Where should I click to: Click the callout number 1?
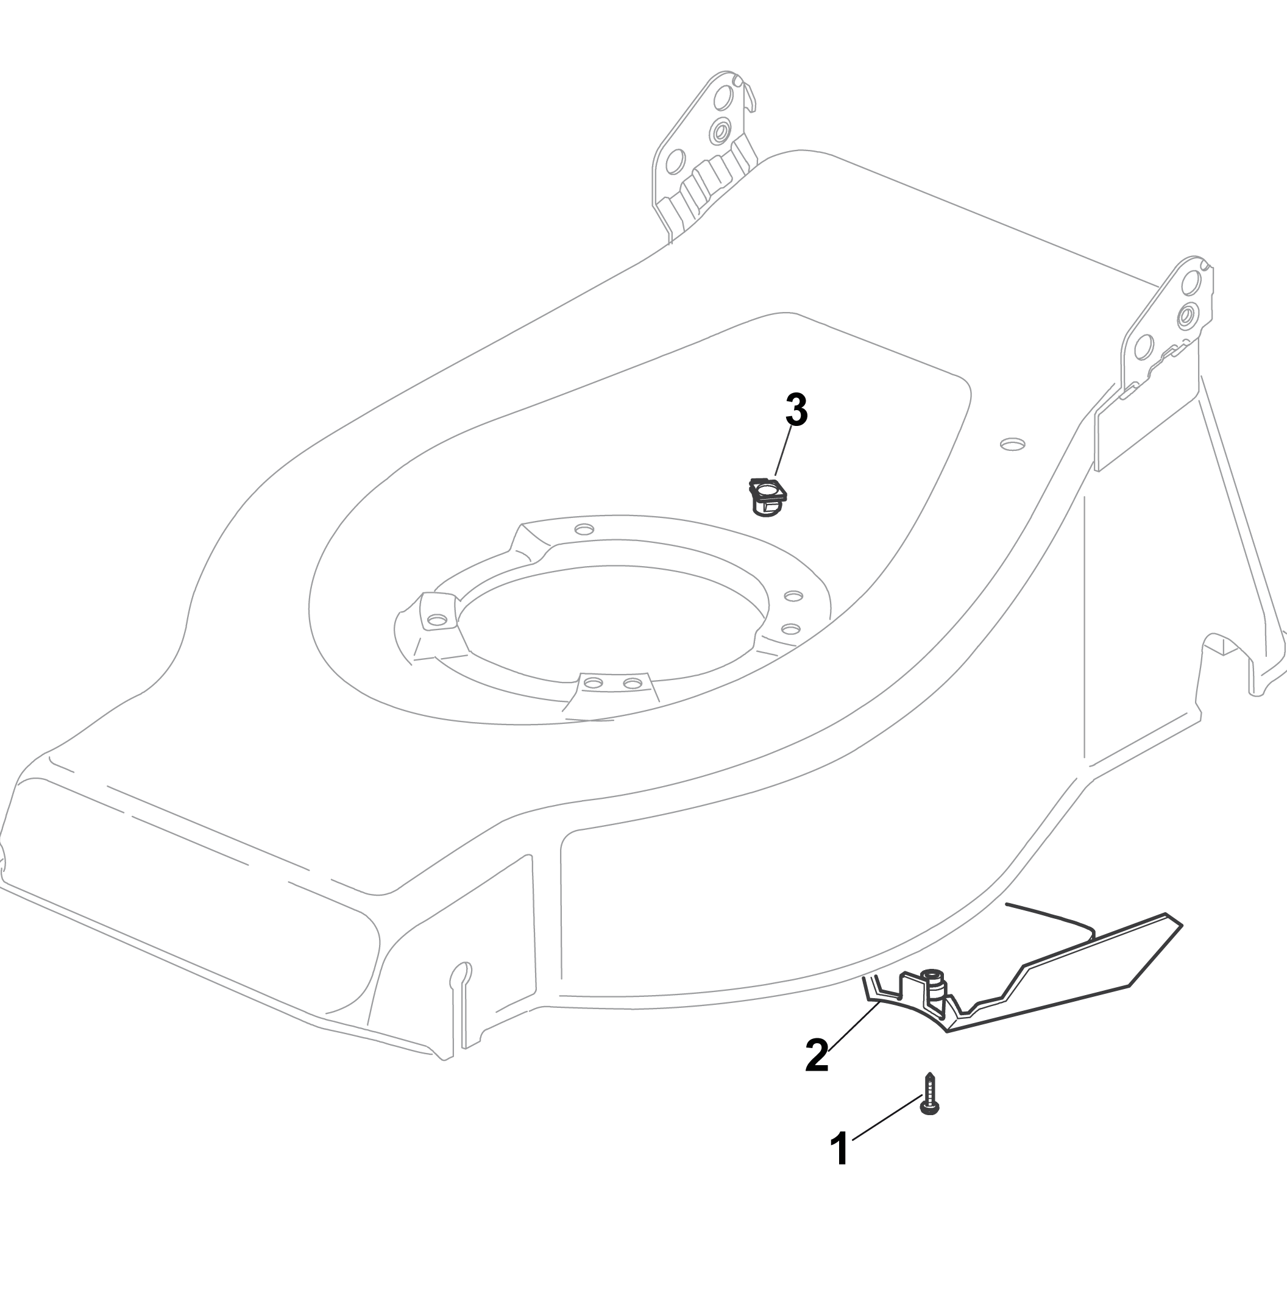[x=840, y=1148]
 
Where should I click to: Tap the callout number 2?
[x=817, y=1055]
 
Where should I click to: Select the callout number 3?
[x=797, y=409]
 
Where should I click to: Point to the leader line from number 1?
[x=887, y=1118]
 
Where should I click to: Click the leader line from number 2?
[x=853, y=1026]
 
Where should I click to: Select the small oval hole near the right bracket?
[x=1013, y=444]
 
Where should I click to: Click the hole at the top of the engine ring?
[x=584, y=529]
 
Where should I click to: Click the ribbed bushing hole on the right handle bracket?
[x=1187, y=314]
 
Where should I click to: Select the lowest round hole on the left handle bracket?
[x=675, y=161]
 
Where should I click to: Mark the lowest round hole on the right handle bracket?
[x=1144, y=347]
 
